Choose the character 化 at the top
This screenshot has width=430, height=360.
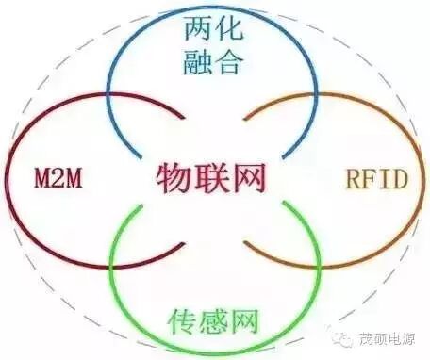230,31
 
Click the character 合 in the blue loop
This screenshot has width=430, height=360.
230,63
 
